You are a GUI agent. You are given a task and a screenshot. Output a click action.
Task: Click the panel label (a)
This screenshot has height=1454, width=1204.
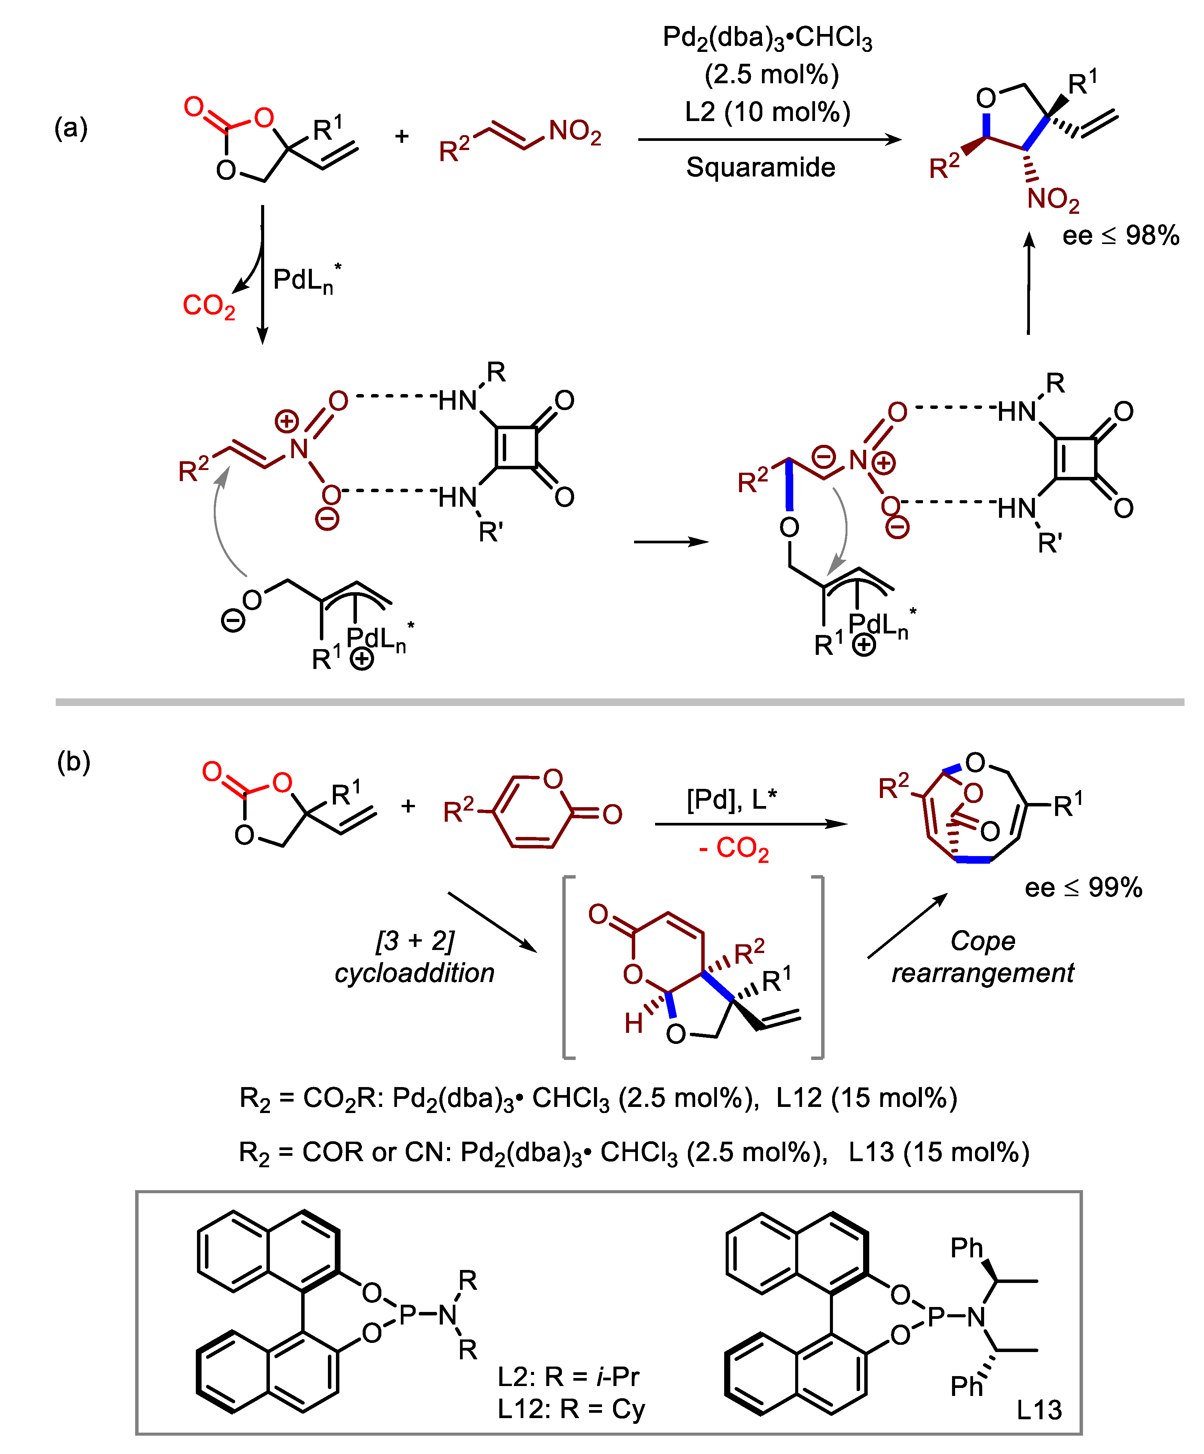pos(71,128)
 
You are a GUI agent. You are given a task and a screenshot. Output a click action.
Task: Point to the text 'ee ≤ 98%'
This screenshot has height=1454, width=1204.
pos(1120,236)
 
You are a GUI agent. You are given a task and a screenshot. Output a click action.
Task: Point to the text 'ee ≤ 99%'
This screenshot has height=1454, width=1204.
pos(1083,888)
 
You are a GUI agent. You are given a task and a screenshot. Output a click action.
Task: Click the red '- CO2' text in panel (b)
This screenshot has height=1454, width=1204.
pos(734,849)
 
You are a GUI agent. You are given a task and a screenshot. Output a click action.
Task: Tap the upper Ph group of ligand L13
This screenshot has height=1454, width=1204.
pos(967,1248)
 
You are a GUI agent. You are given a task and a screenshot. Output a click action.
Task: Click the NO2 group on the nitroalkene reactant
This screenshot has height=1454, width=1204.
pos(575,132)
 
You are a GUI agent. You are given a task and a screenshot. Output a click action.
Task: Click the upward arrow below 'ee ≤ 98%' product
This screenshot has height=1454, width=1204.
pos(1029,284)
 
